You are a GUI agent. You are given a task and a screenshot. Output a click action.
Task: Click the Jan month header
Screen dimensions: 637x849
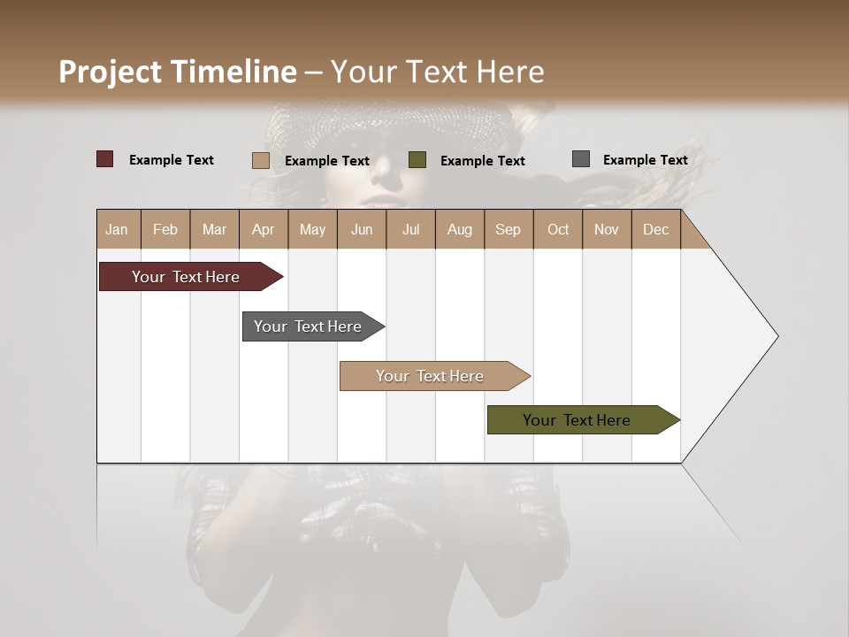coord(118,229)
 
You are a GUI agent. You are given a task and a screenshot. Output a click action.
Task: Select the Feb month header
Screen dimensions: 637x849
coord(165,229)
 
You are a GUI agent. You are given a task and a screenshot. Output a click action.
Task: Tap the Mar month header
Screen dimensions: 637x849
coord(214,229)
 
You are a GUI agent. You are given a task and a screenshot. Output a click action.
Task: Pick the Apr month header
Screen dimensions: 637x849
coord(264,229)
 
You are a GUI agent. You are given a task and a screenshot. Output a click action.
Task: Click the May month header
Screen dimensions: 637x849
coord(312,229)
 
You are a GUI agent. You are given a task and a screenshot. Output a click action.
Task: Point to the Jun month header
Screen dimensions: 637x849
coord(362,229)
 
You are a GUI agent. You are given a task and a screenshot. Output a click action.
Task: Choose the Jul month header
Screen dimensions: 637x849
coord(410,229)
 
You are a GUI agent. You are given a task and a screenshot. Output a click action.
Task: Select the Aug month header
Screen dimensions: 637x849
coord(460,229)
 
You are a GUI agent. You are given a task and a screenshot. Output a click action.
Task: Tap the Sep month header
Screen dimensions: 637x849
coord(509,229)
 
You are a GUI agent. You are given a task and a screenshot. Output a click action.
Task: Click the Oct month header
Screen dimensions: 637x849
coord(558,229)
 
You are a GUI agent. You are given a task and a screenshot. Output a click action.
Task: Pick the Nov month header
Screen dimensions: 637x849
coord(607,229)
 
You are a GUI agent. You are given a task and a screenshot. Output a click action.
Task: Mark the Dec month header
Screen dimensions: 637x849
coord(655,229)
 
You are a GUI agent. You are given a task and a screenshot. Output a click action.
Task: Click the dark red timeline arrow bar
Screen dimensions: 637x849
coord(187,277)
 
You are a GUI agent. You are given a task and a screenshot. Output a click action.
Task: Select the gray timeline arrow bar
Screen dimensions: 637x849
coord(309,326)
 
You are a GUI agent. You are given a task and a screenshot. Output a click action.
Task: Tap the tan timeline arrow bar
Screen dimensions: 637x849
coord(431,376)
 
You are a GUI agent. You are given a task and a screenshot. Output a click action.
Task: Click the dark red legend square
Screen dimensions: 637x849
coord(105,159)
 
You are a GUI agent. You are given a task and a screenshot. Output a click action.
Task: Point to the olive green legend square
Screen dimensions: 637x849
coord(417,160)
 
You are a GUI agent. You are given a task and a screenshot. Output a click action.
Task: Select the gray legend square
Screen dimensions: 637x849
coord(581,159)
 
